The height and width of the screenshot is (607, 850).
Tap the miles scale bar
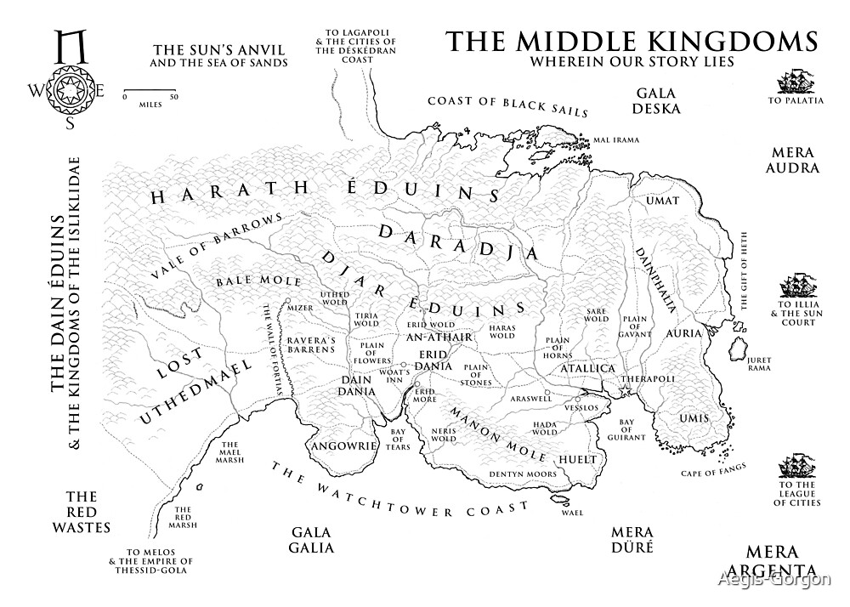pos(150,89)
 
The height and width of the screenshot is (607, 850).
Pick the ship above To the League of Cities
pos(796,468)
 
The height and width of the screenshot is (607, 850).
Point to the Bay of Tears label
pos(399,439)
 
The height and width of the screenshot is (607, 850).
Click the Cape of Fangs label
pos(714,468)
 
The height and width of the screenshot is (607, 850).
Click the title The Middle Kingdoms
pos(631,42)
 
